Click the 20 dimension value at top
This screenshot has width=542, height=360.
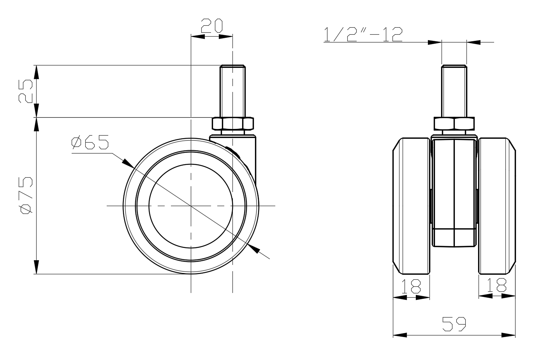coord(212,26)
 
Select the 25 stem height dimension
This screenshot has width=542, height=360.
coord(25,91)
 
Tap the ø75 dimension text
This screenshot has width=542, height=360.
coord(26,196)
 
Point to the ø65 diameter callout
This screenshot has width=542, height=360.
coord(90,142)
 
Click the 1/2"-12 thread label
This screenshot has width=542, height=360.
coord(363,34)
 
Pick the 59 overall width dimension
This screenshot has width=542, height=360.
coord(454,324)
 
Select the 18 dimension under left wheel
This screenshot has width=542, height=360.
coord(411,286)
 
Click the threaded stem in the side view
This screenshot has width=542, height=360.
coord(232,91)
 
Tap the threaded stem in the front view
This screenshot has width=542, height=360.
coord(454,91)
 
